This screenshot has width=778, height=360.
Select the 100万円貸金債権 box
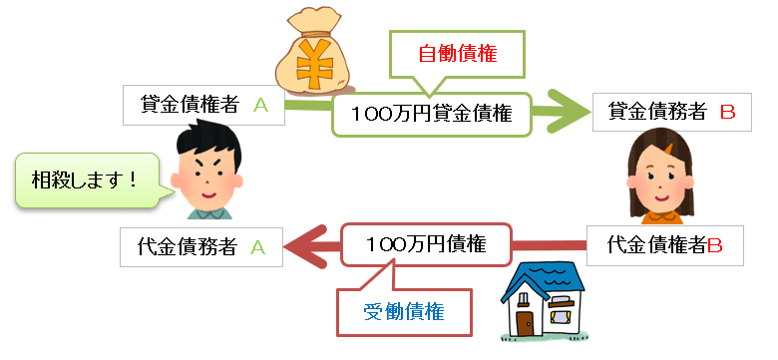coord(431,114)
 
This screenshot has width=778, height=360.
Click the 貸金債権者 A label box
coord(203,106)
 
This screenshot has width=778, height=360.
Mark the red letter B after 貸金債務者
coord(726,113)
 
